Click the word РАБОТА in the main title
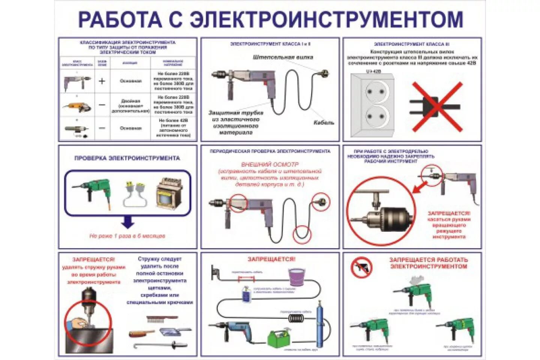click(120, 19)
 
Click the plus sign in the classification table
click(102, 81)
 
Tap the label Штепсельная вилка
click(283, 57)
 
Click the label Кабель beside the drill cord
click(323, 123)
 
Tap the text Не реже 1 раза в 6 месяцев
click(127, 236)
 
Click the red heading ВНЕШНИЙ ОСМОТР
click(270, 164)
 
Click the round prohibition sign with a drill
click(361, 267)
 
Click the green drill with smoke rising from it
click(412, 294)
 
